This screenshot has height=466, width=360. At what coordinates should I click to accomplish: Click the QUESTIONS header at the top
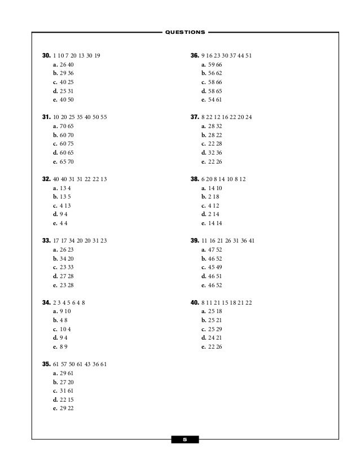click(185, 32)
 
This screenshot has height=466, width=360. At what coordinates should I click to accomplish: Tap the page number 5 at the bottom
click(185, 439)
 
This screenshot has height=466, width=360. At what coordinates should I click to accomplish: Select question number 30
click(46, 56)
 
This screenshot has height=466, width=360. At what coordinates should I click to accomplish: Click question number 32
click(46, 178)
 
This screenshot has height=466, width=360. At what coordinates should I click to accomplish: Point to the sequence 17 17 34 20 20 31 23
click(80, 240)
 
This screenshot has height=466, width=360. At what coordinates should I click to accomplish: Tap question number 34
click(46, 302)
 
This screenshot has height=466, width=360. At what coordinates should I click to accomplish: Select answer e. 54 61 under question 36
click(212, 99)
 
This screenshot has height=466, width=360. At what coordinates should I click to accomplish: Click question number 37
click(195, 117)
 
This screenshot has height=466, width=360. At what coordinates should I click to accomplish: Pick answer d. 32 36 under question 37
click(212, 152)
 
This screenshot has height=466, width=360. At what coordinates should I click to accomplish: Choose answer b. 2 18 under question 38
click(210, 196)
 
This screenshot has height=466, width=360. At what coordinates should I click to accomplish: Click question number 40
click(195, 302)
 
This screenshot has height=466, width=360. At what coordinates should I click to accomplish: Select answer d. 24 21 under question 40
click(212, 337)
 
